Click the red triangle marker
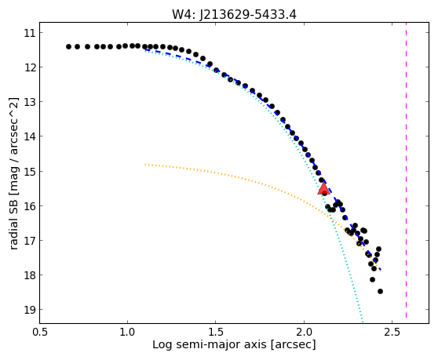[323, 189]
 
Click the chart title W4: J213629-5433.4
[234, 15]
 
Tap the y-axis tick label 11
[30, 33]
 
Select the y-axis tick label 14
[30, 136]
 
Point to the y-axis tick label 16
[30, 206]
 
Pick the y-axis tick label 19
[30, 310]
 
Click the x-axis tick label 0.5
[40, 333]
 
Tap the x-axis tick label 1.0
[128, 333]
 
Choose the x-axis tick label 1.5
[216, 333]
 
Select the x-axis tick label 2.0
[304, 333]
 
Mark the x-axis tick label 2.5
[392, 333]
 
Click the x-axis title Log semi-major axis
[210, 345]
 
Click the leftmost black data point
[69, 46]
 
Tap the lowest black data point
[380, 291]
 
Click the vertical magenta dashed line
[406, 170]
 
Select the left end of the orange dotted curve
[145, 165]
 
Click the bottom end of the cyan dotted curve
[363, 322]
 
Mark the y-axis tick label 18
[30, 275]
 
